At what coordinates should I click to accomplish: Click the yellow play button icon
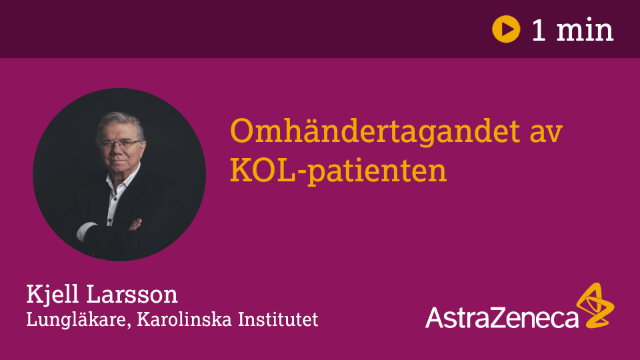click(506, 29)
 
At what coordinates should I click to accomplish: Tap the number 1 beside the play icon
click(539, 30)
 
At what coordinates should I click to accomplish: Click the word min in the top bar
click(585, 30)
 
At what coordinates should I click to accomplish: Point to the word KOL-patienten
click(339, 171)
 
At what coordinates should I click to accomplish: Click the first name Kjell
click(52, 295)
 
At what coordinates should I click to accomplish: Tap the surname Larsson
click(132, 295)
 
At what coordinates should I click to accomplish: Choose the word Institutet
click(278, 319)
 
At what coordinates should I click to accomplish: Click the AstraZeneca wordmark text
click(501, 317)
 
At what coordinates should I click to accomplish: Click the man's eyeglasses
click(120, 144)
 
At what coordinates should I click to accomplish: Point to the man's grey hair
click(121, 122)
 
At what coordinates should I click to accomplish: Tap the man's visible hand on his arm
click(135, 225)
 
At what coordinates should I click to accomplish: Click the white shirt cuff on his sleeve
click(86, 231)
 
